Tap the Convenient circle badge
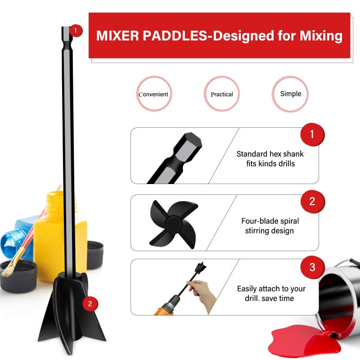click(154, 94)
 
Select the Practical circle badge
click(222, 94)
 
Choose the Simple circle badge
click(291, 94)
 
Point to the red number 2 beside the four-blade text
click(312, 201)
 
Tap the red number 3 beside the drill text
click(312, 267)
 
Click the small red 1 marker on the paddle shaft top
click(76, 31)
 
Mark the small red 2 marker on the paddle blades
click(90, 304)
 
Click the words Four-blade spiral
click(270, 221)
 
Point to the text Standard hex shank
click(270, 154)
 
